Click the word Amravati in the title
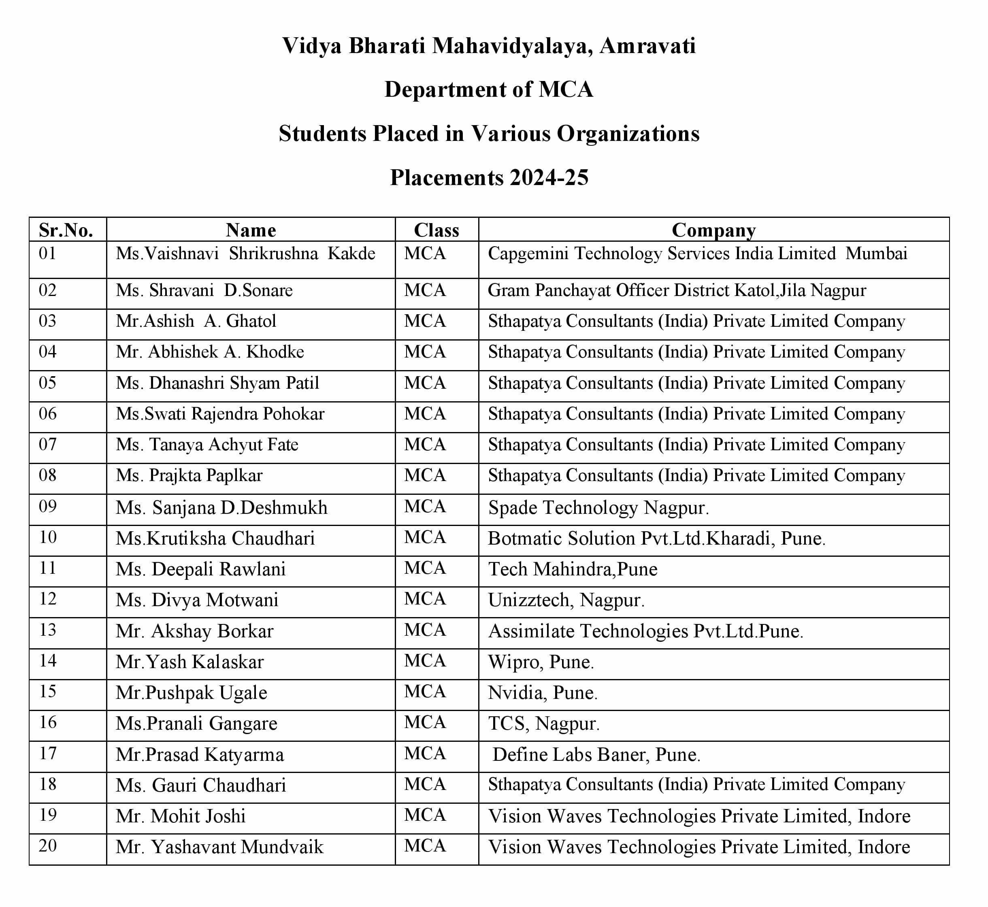pos(647,46)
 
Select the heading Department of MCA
pos(489,90)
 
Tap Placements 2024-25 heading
pos(489,178)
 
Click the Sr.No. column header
pos(66,230)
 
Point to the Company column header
pos(713,230)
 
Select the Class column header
pos(437,230)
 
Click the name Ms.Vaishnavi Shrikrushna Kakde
pos(245,254)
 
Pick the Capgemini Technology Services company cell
pos(697,254)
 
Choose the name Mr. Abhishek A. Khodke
pos(210,352)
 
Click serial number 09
pos(48,507)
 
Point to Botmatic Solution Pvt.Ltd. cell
pos(656,539)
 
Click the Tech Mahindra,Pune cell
pos(572,569)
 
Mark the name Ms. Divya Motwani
pos(197,600)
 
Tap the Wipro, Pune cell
pos(541,662)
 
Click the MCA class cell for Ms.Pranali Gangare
pos(425,723)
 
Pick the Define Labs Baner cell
pos(596,755)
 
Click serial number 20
pos(48,846)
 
